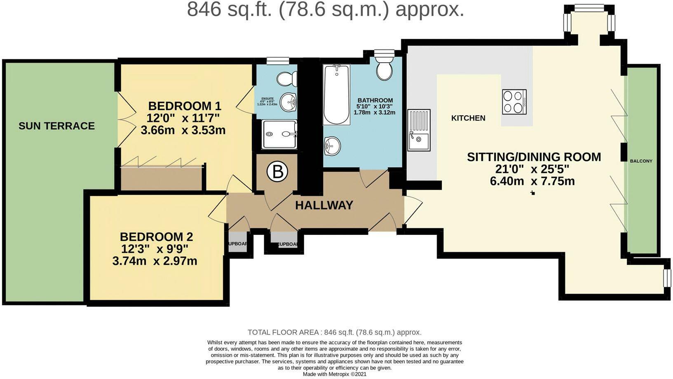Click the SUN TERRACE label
[x=56, y=126]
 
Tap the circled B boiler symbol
[x=277, y=172]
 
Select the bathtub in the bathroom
[x=336, y=94]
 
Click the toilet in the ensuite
[x=287, y=78]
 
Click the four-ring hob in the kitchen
[x=514, y=102]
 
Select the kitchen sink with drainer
[x=419, y=130]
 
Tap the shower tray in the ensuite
[x=279, y=134]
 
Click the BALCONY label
[x=641, y=161]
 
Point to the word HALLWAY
[x=324, y=205]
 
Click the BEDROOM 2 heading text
[x=156, y=237]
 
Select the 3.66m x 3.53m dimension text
[x=183, y=131]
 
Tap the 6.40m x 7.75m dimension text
[x=532, y=181]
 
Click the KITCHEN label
[x=468, y=118]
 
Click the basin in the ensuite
[x=288, y=101]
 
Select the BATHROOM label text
[x=375, y=101]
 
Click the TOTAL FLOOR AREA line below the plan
[x=334, y=332]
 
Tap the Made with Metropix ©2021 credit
[x=334, y=374]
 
